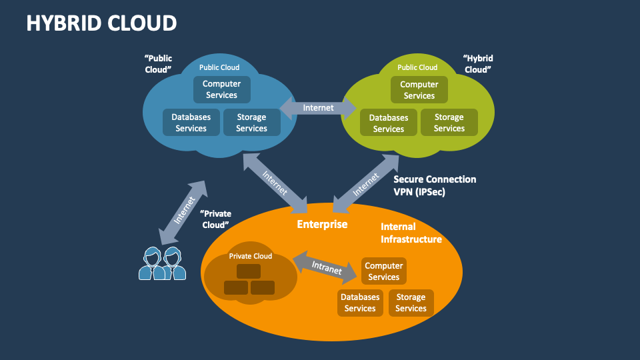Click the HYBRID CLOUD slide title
point(101,23)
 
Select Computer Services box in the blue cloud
point(222,90)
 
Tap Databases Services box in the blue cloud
point(191,123)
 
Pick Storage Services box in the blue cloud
point(251,123)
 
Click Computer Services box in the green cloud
point(419,90)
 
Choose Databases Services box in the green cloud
point(389,123)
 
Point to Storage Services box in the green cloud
point(449,123)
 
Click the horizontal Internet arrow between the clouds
point(318,107)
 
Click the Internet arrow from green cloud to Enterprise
point(365,180)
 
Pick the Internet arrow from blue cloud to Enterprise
point(275,180)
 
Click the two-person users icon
point(162,264)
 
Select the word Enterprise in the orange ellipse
point(322,224)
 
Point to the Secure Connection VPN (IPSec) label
point(435,185)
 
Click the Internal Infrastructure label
point(411,233)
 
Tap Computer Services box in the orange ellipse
point(383,271)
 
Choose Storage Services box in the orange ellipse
point(411,303)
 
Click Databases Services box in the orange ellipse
point(360,303)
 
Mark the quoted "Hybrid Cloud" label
point(478,64)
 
